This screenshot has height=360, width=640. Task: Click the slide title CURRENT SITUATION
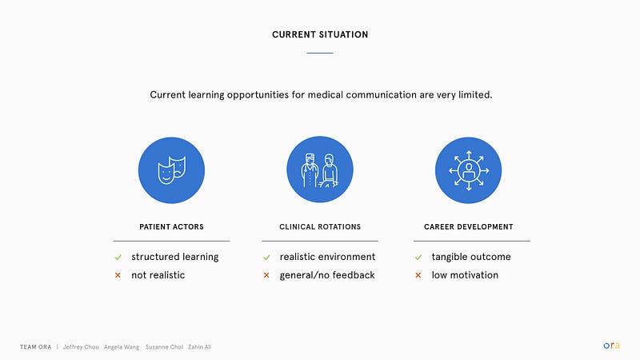click(320, 34)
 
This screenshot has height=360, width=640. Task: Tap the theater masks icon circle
click(171, 170)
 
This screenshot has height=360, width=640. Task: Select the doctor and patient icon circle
click(320, 170)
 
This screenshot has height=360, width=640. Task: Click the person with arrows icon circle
click(469, 170)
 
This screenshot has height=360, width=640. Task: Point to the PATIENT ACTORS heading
click(171, 227)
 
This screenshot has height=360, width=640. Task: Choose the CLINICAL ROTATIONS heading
click(320, 227)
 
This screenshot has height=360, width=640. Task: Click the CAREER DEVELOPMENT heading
click(469, 227)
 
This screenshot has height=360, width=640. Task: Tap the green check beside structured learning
click(118, 257)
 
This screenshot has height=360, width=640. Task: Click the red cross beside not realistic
click(118, 275)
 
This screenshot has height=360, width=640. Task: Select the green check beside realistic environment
click(266, 257)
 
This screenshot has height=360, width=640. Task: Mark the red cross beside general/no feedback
click(266, 275)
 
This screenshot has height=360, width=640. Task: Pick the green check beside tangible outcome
click(418, 257)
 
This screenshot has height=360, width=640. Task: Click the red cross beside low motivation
click(418, 275)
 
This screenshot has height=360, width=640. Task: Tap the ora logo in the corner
click(611, 346)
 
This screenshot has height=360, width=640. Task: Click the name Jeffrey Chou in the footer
click(81, 347)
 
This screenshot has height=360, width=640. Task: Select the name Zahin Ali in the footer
click(199, 347)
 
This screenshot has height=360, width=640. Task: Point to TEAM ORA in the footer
click(35, 347)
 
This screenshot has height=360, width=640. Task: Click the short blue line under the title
click(320, 53)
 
